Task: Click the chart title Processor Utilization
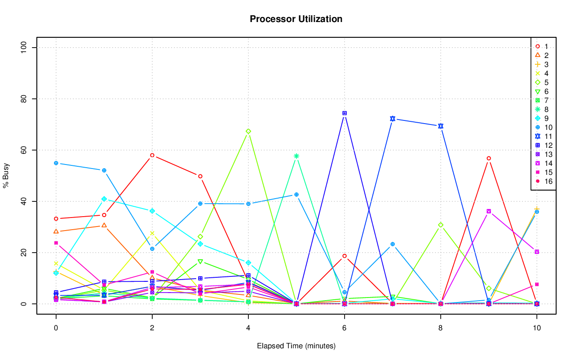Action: [296, 19]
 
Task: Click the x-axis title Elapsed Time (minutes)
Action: [296, 346]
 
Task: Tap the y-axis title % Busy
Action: [6, 175]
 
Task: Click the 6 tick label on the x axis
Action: [344, 328]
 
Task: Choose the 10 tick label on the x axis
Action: [536, 328]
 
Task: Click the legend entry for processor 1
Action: [543, 46]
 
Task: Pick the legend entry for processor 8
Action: [543, 109]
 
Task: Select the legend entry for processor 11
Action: [543, 136]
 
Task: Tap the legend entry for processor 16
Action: [543, 181]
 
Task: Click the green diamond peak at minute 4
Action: [248, 131]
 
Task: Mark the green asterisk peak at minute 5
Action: [296, 156]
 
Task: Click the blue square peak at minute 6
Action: [344, 113]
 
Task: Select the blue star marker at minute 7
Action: [392, 119]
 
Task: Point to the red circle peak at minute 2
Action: [152, 155]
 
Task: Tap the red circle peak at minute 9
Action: [488, 158]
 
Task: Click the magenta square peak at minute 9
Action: [488, 211]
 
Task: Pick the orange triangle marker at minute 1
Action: [104, 225]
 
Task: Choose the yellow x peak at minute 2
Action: [152, 233]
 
